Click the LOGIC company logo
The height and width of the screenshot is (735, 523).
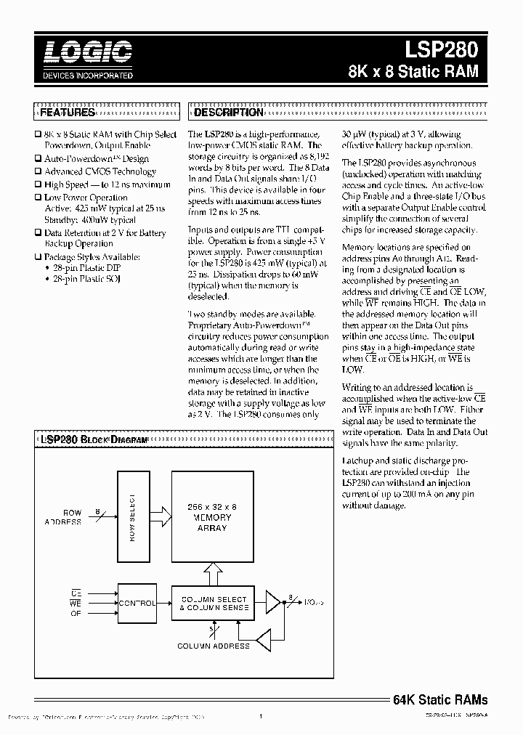pos(86,52)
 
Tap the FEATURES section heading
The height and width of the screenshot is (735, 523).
pos(67,113)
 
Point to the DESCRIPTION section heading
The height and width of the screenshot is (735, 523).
pos(228,113)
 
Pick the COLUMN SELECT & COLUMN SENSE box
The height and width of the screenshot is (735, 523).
pos(214,604)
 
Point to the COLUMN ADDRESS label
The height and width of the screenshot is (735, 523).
pos(214,645)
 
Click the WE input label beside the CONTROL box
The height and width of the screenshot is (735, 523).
pos(76,603)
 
